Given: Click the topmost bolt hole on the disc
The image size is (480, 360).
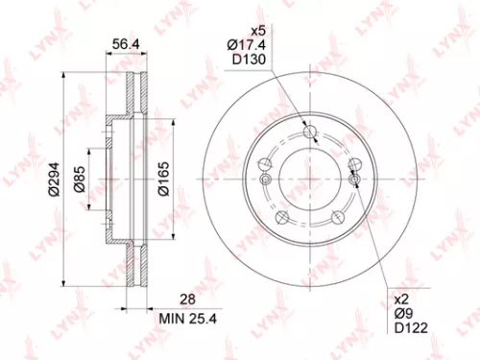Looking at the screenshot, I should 309,132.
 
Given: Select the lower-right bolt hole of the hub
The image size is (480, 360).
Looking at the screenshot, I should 338,220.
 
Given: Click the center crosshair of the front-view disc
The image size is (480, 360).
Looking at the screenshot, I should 309,179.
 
